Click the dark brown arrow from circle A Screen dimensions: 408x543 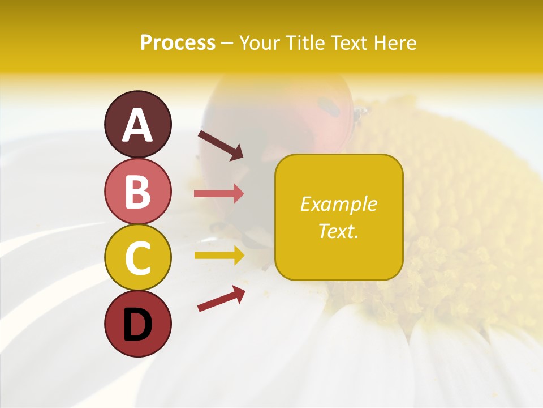point(220,145)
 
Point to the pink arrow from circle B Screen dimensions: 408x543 point(219,193)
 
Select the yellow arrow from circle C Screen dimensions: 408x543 point(219,255)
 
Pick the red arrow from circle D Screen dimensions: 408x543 point(221,299)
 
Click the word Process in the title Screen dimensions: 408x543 point(178,43)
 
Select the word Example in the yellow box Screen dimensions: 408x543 point(338,204)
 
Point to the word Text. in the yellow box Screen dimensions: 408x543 point(338,231)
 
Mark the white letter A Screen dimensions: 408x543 point(137,125)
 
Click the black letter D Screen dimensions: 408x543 point(137,325)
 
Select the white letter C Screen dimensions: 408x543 point(137,258)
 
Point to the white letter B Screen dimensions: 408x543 point(137,192)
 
